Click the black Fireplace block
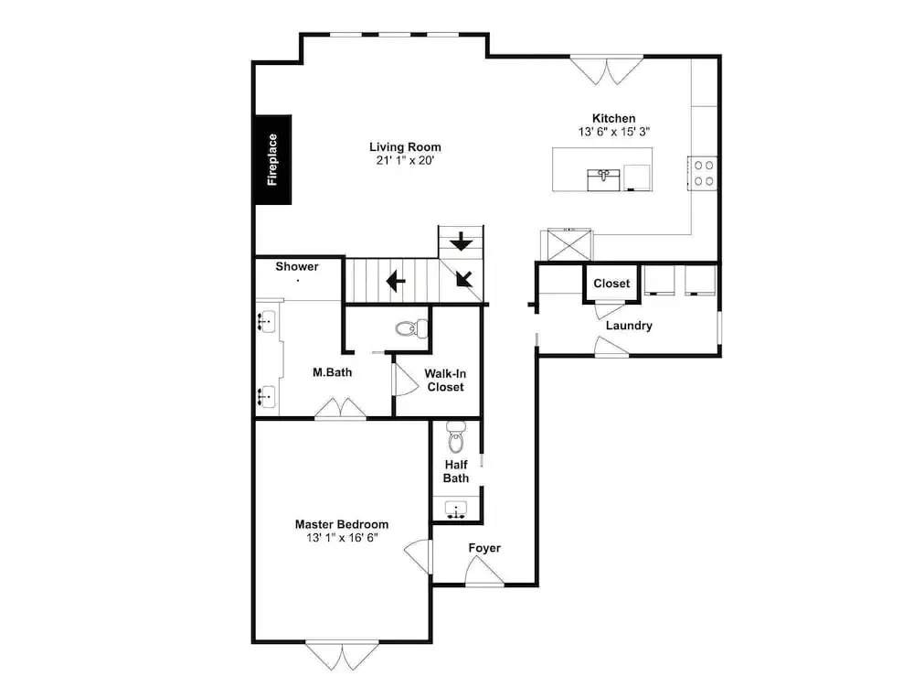click(273, 159)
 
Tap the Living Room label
click(405, 147)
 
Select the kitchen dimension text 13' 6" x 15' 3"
click(614, 132)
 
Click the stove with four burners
click(702, 173)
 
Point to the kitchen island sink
click(603, 179)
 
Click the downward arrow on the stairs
click(462, 242)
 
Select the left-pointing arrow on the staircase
click(396, 281)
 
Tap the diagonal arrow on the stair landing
click(464, 278)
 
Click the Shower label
click(297, 266)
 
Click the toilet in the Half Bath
click(456, 436)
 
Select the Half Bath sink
click(456, 510)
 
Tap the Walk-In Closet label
click(445, 381)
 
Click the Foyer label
click(484, 548)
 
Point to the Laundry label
click(629, 326)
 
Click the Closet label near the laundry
click(611, 284)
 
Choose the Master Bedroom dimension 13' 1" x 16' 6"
click(342, 538)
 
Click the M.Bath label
click(333, 372)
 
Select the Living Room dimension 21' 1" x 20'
click(405, 160)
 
